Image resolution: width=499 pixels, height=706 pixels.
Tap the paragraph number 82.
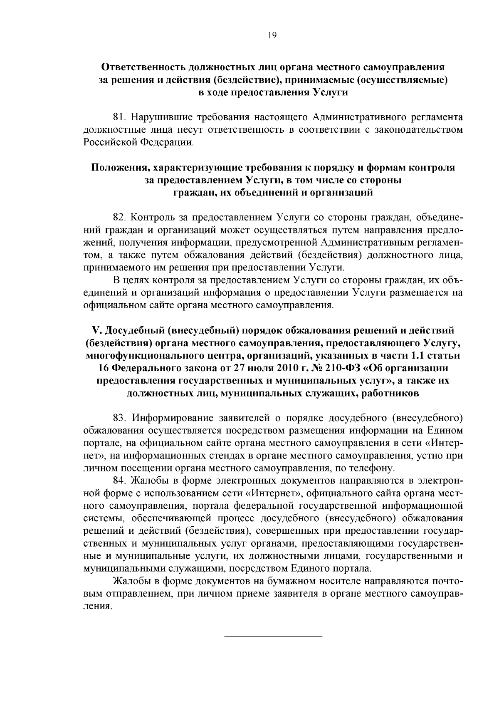120,217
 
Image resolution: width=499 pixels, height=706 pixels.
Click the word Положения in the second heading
120,168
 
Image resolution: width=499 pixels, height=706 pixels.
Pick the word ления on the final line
97,607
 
